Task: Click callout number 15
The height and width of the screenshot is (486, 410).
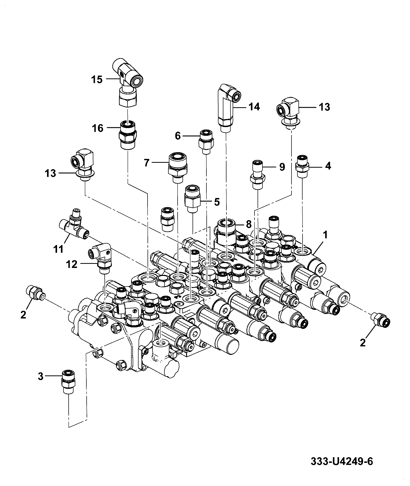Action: tap(97, 79)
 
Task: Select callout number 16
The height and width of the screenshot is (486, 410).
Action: tap(97, 128)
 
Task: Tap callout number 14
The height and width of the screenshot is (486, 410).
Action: tap(254, 107)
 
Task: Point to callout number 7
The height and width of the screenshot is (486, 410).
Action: tap(147, 163)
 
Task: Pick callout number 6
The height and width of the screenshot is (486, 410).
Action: tap(178, 136)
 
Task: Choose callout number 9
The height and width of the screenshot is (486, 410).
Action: tap(282, 167)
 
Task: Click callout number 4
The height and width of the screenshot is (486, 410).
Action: tap(328, 166)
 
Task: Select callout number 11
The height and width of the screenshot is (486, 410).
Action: tap(58, 249)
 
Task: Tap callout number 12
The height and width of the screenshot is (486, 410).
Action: tap(72, 264)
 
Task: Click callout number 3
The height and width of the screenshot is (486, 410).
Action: tap(41, 377)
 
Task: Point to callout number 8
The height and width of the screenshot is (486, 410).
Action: tap(248, 224)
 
